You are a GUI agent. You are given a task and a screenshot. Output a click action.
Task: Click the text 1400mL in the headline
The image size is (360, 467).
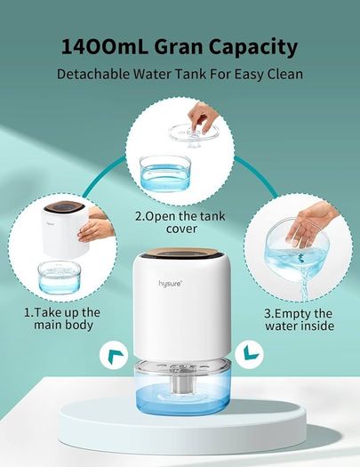[105, 46]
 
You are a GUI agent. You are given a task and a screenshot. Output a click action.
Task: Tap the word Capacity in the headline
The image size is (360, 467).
[253, 48]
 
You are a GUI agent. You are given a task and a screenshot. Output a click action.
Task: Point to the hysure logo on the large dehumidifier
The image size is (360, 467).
[170, 283]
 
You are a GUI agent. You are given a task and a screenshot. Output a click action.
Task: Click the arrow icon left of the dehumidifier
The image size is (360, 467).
[114, 355]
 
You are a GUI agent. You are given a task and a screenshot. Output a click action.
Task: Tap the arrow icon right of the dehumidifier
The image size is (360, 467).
[249, 354]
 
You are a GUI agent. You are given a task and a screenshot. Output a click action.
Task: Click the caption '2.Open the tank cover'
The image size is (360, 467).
[180, 222]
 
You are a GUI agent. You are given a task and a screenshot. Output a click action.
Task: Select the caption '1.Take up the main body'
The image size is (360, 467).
[62, 318]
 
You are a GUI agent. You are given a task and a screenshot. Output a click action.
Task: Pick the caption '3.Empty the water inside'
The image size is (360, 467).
[299, 319]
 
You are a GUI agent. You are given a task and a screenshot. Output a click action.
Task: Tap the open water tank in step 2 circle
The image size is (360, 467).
[165, 173]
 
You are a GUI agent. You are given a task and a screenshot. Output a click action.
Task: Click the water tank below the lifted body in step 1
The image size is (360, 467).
[59, 278]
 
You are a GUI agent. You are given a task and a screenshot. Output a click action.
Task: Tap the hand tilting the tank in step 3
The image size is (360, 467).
[310, 221]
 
